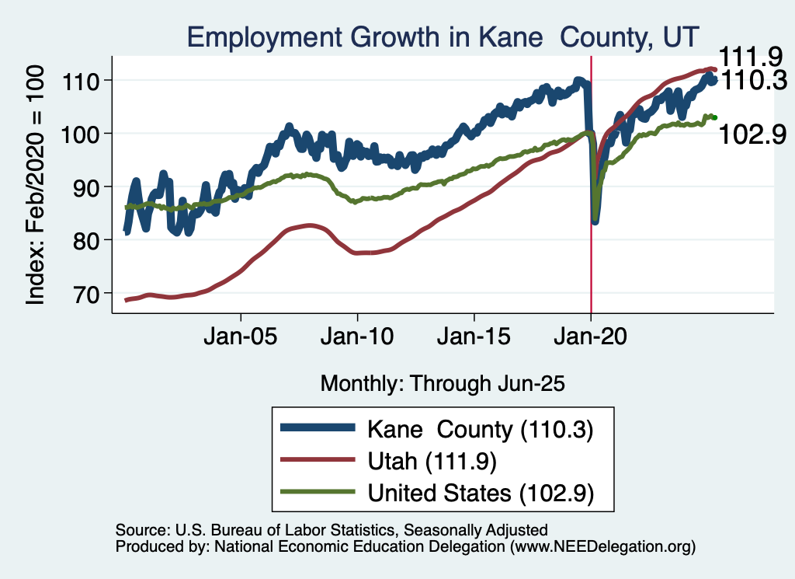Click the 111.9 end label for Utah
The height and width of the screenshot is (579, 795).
click(749, 56)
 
